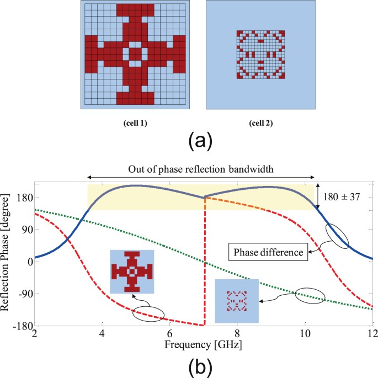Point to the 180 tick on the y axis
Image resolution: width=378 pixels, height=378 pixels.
pos(23,198)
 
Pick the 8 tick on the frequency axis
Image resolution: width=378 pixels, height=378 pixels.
pos(237,334)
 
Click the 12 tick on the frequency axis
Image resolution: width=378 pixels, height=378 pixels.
pos(372,334)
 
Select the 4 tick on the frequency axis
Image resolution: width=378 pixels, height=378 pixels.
pos(102,334)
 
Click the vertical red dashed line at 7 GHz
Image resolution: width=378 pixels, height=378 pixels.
pos(204,265)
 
